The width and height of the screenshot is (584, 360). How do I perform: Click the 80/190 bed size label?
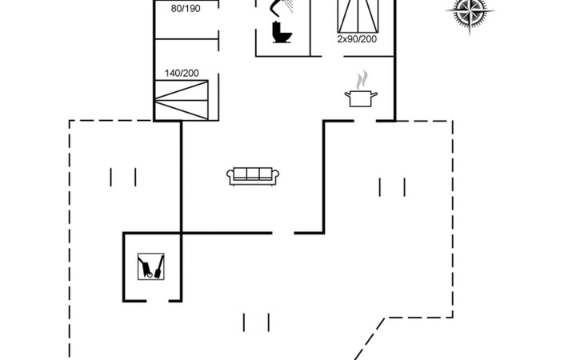tap(186, 9)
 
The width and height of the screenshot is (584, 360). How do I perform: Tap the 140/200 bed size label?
tap(182, 74)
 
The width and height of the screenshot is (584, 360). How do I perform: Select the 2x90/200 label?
tap(357, 39)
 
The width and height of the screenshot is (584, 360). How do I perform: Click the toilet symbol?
tap(282, 32)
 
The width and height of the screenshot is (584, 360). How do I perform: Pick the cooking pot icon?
tap(361, 98)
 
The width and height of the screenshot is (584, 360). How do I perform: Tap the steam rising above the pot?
tap(362, 80)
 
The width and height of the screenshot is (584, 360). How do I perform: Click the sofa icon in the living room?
tap(253, 176)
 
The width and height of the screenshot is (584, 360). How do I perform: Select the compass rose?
tap(470, 11)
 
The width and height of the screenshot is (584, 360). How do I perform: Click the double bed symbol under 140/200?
tap(182, 100)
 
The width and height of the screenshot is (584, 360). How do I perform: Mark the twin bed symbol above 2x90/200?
tap(358, 16)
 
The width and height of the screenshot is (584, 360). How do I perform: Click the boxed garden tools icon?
tap(151, 266)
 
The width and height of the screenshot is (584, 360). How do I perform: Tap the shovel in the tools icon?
tap(159, 267)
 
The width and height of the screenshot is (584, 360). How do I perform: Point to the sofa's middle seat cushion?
tap(253, 174)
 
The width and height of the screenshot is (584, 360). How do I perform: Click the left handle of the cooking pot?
tap(348, 95)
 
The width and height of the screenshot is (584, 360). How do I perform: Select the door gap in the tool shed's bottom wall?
tap(158, 301)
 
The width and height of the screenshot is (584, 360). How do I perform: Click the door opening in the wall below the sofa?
tap(283, 233)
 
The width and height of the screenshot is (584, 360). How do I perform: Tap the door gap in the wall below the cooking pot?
tap(365, 121)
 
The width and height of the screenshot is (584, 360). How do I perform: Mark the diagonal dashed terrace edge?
tap(369, 338)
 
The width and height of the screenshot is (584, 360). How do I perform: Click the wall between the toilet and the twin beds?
tap(310, 28)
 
